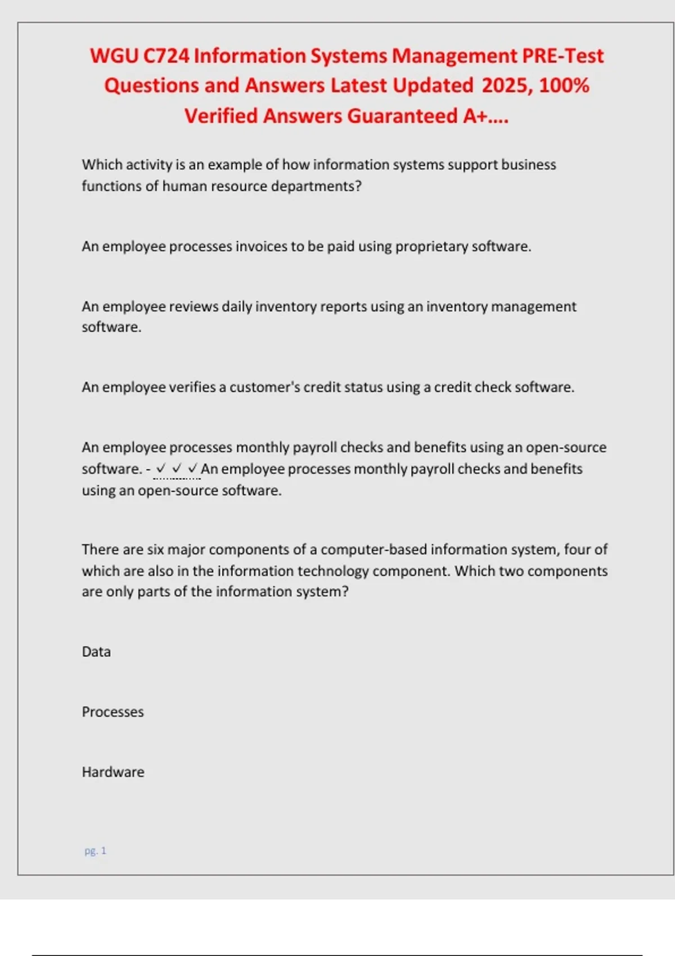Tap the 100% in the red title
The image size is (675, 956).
pyautogui.click(x=564, y=85)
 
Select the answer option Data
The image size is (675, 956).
pyautogui.click(x=96, y=652)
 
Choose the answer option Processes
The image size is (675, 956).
pyautogui.click(x=112, y=712)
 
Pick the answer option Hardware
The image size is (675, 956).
pyautogui.click(x=113, y=772)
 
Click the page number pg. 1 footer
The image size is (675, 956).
pyautogui.click(x=95, y=851)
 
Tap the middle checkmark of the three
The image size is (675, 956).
pyautogui.click(x=177, y=468)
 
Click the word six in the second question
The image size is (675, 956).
pyautogui.click(x=155, y=549)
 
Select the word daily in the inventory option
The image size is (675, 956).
pyautogui.click(x=237, y=306)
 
